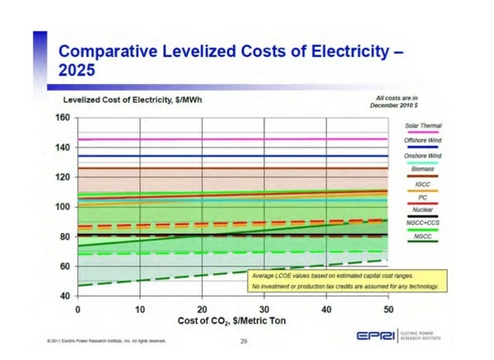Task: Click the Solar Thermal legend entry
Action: [423, 125]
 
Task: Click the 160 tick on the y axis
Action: [62, 117]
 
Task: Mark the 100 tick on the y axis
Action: [62, 207]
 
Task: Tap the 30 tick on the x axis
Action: [264, 308]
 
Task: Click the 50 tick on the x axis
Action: [388, 308]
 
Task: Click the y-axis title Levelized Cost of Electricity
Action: [133, 100]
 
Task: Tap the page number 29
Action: [244, 340]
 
